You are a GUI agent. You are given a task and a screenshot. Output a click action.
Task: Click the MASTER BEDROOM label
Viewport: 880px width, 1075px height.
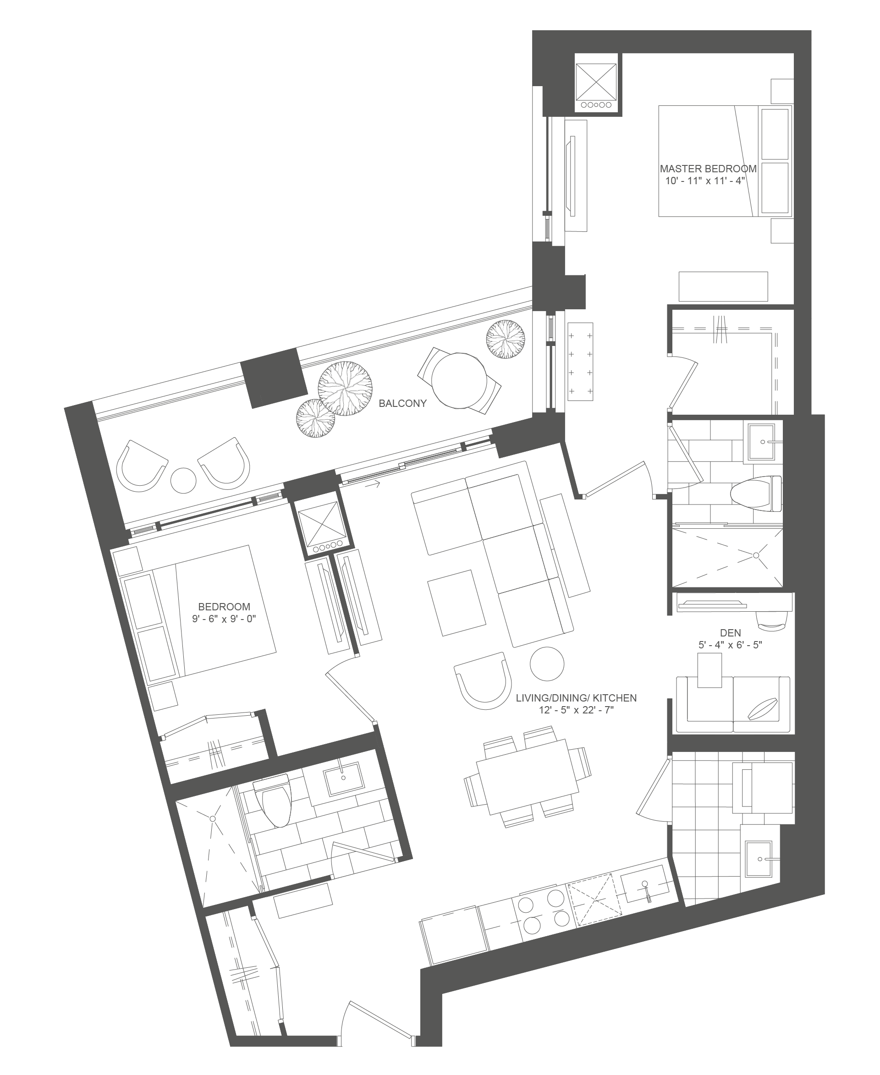pos(708,168)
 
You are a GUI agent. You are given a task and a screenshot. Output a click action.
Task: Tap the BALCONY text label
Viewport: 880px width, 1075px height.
pos(402,403)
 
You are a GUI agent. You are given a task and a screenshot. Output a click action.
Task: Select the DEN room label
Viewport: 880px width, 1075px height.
pos(730,632)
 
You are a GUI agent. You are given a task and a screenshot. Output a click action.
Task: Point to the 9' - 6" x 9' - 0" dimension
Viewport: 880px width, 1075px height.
pos(224,619)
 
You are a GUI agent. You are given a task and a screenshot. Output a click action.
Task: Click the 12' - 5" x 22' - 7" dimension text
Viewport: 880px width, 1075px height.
pos(577,710)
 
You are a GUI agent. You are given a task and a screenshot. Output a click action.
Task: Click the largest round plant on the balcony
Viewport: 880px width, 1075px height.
pos(346,388)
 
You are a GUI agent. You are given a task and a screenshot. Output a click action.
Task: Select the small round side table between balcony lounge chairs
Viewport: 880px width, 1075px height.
pos(183,480)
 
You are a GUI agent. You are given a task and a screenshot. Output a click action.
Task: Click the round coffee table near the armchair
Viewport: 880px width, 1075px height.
pos(547,664)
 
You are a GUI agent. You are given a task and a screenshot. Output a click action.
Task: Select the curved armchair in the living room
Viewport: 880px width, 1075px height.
pos(483,680)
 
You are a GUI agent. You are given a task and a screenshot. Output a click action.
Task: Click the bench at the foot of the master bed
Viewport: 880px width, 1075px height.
pos(723,286)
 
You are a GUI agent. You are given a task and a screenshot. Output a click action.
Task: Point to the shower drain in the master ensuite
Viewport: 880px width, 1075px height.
pos(756,555)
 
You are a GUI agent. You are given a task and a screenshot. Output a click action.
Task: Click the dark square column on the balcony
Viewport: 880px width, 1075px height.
pos(274,378)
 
